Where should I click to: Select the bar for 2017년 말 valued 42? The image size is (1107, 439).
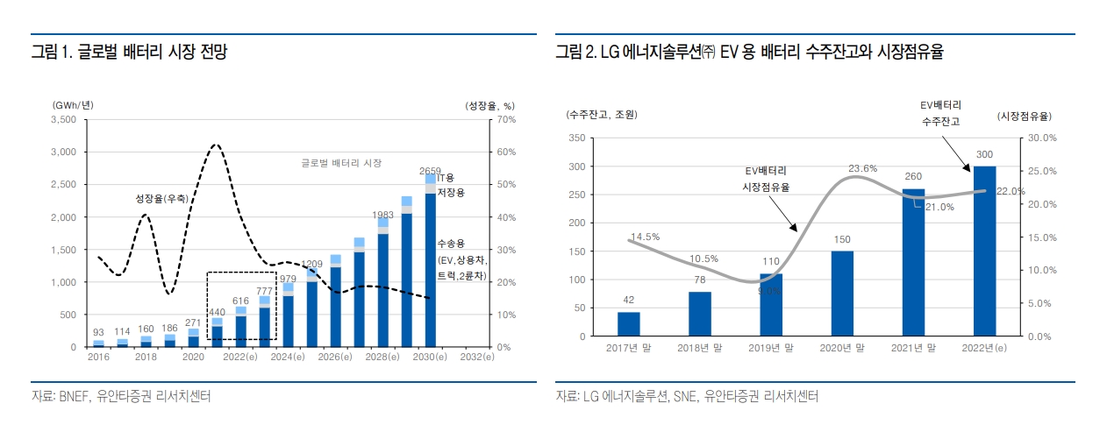click(628, 324)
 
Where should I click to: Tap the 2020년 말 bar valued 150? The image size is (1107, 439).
click(842, 294)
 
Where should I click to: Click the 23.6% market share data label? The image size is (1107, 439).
click(862, 168)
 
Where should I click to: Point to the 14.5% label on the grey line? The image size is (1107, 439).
click(644, 237)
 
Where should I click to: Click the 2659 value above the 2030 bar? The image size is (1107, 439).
click(430, 171)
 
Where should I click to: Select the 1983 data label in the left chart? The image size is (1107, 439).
click(382, 215)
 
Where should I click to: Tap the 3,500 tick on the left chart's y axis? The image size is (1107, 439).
click(64, 119)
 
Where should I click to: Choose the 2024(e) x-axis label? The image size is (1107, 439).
click(287, 358)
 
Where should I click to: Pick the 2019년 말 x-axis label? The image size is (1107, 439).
click(771, 348)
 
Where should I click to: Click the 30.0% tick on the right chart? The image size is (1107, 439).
click(1041, 138)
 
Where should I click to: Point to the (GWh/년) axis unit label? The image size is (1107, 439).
click(73, 105)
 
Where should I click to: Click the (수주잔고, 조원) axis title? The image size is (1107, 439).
click(601, 115)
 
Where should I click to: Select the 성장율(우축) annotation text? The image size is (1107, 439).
click(161, 199)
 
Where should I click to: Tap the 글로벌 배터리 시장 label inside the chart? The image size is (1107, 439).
click(341, 163)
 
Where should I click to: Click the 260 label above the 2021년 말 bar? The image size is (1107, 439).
click(913, 176)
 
